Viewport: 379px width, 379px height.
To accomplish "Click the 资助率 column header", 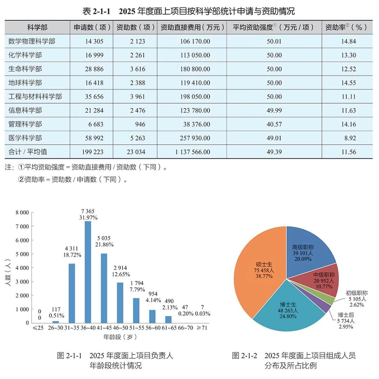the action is tap(346, 27).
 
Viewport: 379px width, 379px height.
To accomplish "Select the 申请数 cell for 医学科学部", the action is tap(94, 138).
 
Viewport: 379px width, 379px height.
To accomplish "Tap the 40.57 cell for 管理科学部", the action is tap(274, 124).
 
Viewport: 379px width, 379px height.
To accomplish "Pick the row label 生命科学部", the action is tap(25, 69).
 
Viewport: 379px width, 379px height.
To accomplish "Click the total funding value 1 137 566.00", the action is tap(193, 152).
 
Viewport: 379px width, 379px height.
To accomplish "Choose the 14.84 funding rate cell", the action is tap(348, 41).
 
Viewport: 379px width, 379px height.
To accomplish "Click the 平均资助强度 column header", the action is tap(273, 27).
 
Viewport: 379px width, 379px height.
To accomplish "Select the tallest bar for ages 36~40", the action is tap(88, 272).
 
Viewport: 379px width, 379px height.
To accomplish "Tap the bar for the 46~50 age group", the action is tap(120, 303).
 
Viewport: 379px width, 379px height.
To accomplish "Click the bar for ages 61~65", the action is tap(168, 320).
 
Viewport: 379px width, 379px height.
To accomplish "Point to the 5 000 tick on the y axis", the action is tap(22, 254).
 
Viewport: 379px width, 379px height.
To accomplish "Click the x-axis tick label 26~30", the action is tap(55, 328).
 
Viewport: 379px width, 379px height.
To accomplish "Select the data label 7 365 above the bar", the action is tap(88, 211).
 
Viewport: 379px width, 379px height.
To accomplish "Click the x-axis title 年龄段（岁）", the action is tap(120, 337).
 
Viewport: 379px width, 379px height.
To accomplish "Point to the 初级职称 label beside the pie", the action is tap(357, 293).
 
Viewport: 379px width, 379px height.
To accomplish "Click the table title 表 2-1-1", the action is tap(96, 11).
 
